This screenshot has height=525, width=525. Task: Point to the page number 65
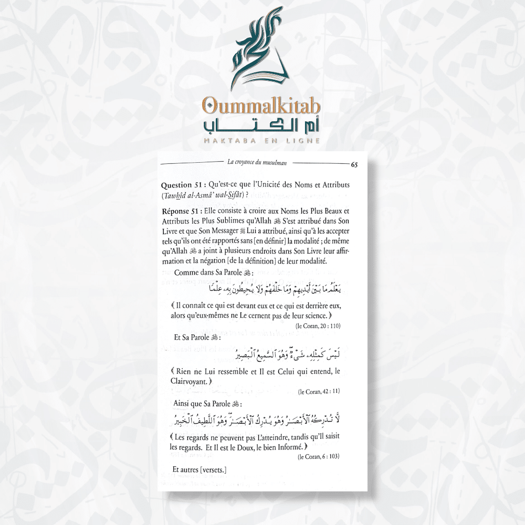tap(354, 165)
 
